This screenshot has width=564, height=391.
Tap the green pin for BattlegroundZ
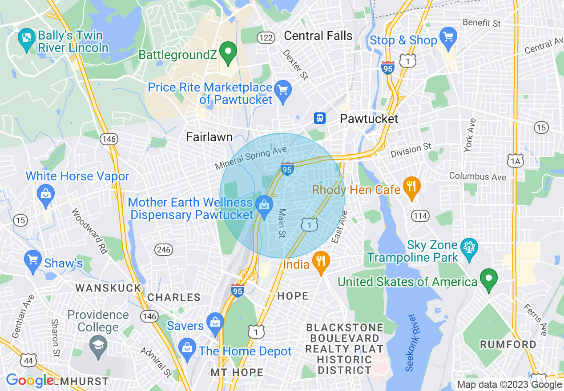click(x=229, y=52)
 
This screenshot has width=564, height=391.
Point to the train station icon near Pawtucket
click(x=319, y=118)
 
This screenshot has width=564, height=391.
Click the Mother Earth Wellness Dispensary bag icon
click(x=264, y=205)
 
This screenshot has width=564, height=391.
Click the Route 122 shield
click(x=266, y=38)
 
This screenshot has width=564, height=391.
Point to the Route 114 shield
click(x=420, y=216)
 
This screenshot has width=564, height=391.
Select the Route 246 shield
click(x=164, y=250)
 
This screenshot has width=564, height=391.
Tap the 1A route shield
click(x=516, y=161)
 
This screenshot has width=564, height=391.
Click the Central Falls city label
click(x=318, y=36)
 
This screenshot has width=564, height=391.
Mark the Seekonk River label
click(x=411, y=343)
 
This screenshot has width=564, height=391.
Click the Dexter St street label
click(x=296, y=64)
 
